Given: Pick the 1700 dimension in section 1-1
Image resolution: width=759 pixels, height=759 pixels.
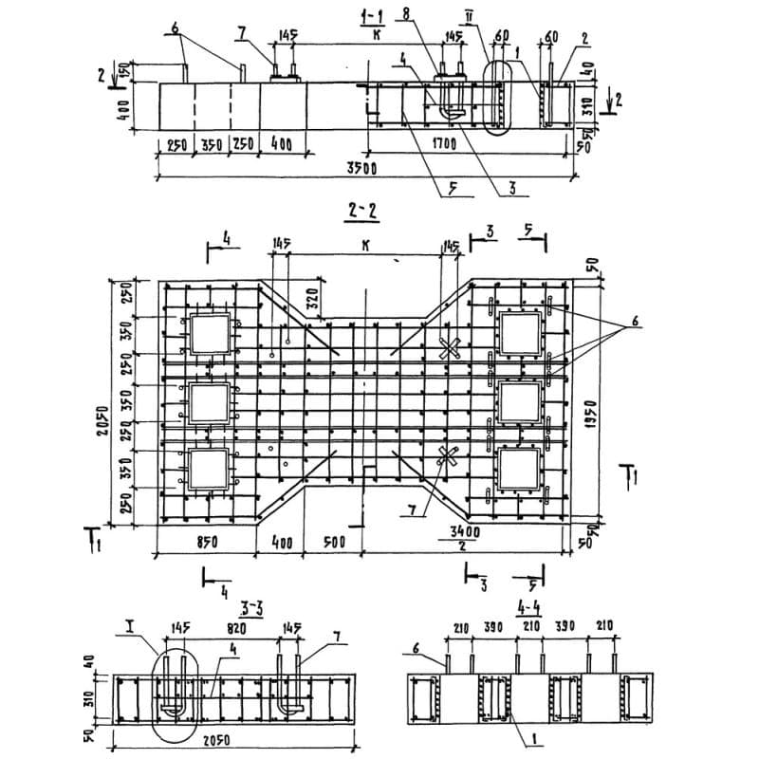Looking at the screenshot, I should point(443,145).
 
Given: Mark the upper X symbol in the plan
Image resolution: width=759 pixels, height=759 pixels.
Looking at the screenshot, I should point(451,348).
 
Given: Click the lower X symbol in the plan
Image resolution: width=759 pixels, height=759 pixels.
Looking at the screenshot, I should point(448,460).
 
